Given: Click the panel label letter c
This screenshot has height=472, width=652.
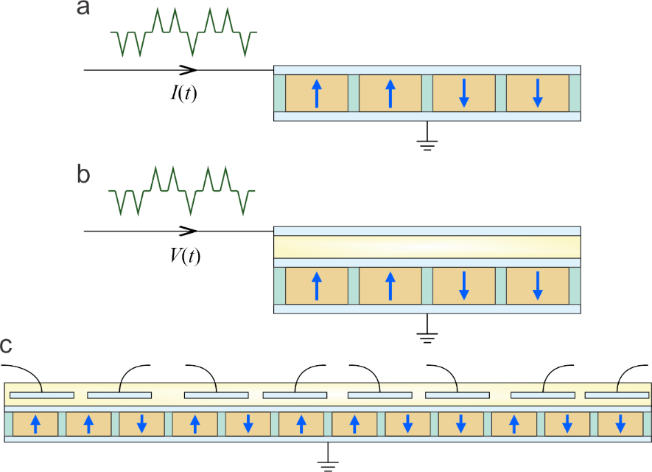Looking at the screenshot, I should [x=7, y=344].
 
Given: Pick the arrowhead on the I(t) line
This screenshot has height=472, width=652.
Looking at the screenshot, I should [x=189, y=70].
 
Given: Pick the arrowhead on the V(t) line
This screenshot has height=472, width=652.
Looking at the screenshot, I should [x=189, y=231].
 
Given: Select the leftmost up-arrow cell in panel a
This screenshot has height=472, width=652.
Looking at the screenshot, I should [x=317, y=93].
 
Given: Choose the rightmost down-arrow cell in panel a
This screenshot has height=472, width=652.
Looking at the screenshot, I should [x=538, y=93].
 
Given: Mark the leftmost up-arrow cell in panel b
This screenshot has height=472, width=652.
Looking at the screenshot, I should [x=317, y=286].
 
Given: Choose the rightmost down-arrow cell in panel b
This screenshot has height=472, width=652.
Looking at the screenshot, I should [x=538, y=286].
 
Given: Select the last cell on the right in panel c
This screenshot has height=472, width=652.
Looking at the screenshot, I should [x=620, y=424].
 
